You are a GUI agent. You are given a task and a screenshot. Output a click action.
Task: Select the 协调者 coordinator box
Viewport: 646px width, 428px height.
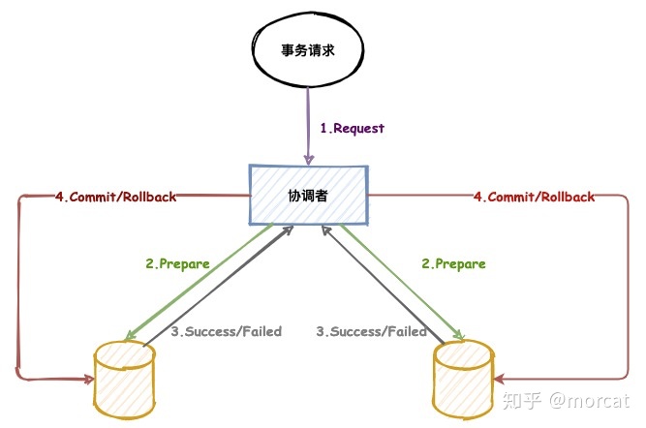pos(308,195)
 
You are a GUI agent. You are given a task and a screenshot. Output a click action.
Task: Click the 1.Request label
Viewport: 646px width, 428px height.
pos(352,127)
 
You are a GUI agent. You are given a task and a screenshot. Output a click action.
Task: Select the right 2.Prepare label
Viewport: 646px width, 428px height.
pos(454,263)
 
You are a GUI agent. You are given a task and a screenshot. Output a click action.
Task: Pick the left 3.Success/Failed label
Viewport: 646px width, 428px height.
pos(226,331)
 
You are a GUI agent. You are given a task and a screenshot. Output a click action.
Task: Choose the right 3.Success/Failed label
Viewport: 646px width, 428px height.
pos(372,331)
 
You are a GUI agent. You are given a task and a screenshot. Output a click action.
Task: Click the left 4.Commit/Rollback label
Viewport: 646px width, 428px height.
pos(115,197)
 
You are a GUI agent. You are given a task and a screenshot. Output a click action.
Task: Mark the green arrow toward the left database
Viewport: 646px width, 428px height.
pos(200,281)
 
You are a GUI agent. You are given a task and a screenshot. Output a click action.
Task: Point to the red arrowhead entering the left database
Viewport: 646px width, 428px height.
pos(77,377)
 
